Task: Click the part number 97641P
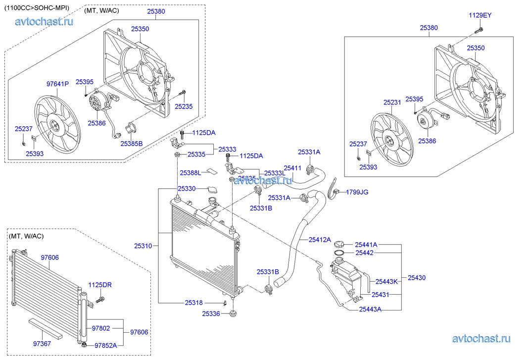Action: click(57, 84)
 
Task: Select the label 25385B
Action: click(131, 144)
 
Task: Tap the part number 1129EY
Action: click(480, 15)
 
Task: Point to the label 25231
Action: click(392, 103)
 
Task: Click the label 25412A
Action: click(320, 240)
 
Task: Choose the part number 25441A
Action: click(366, 244)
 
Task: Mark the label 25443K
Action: click(386, 281)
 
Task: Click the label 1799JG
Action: click(357, 192)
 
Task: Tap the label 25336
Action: click(212, 313)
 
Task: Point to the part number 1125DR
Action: click(100, 285)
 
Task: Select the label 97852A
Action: click(105, 345)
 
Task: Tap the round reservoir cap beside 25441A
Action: click(339, 244)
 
